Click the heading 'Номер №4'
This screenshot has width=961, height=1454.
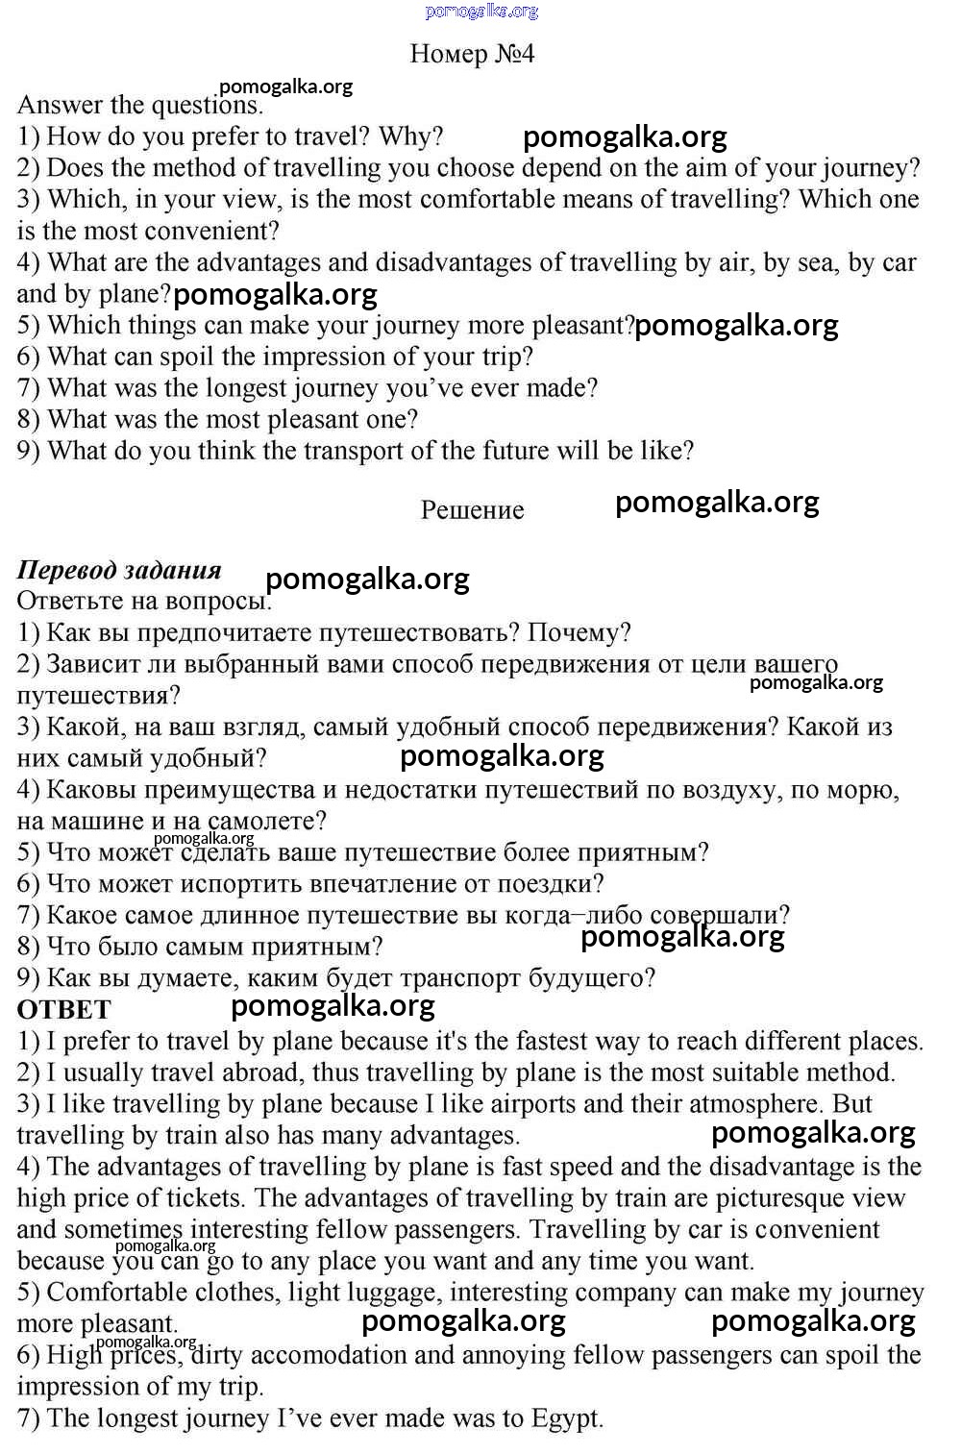click(472, 54)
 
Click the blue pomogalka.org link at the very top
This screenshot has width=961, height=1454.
click(481, 11)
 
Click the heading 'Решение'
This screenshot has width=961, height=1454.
click(472, 510)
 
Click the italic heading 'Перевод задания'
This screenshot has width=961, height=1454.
click(119, 570)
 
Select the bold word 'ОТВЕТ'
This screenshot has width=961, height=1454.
click(64, 1010)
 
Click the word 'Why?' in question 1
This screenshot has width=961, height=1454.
click(411, 136)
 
